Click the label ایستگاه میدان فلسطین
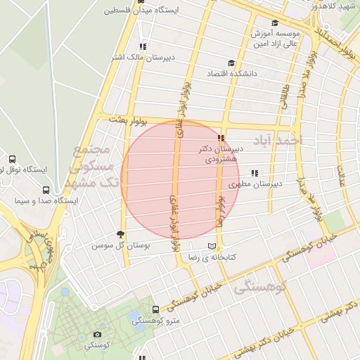pos(152,11)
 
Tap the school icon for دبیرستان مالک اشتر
pos(143,46)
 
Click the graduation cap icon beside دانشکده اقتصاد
pos(233,62)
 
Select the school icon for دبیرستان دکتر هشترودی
pos(221,138)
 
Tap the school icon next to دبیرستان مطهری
pos(255,173)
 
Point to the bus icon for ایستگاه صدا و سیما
pos(46,190)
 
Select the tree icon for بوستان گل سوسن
pos(120,234)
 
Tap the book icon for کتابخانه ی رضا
pos(212,246)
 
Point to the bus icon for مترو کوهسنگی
pos(155,309)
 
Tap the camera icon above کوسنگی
pos(97,335)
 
